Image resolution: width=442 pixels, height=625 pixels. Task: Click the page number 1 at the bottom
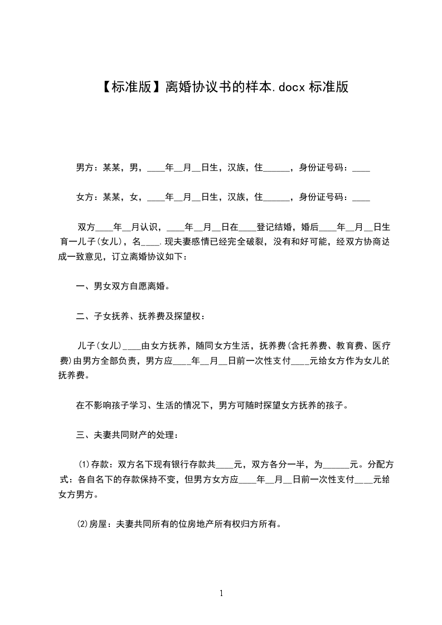point(221,593)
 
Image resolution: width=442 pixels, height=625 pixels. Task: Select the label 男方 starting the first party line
point(84,167)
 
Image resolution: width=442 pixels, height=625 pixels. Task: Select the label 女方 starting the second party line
point(84,197)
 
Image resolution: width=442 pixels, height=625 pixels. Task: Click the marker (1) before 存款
point(84,464)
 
